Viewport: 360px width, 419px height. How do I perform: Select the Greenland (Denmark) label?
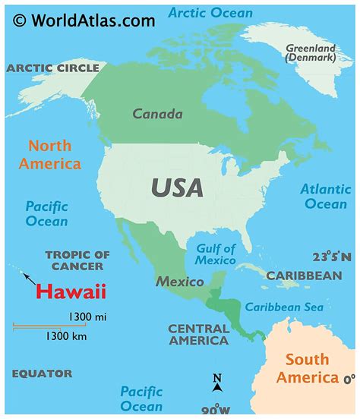pos(310,52)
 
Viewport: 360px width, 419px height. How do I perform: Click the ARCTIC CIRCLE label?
pos(53,68)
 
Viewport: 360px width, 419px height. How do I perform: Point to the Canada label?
pos(157,115)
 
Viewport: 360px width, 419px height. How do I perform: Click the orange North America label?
pos(50,154)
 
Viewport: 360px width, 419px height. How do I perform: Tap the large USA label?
pos(176,187)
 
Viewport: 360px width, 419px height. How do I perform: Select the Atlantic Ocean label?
pos(325,196)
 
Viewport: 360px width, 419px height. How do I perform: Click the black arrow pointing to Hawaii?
pos(28,278)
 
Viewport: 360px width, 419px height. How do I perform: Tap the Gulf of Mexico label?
pos(215,254)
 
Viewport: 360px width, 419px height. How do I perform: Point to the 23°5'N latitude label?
pos(332,257)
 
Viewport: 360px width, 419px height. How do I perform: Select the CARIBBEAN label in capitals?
pos(304,276)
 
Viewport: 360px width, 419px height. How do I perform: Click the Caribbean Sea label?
pos(283,307)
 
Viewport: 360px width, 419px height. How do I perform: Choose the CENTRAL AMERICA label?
pos(198,335)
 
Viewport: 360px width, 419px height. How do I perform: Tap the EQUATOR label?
pos(42,373)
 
